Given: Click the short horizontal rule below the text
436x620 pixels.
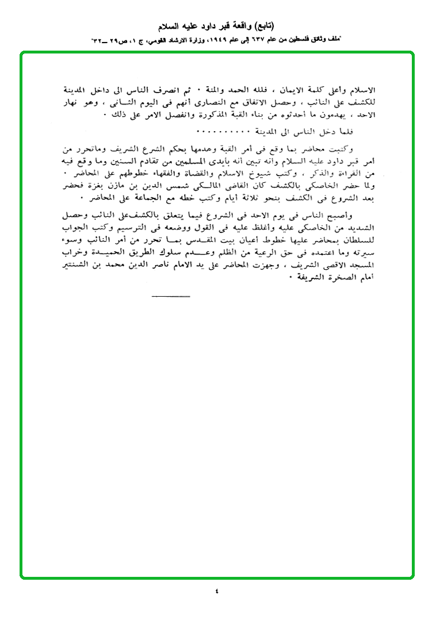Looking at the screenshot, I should coord(170,297).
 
